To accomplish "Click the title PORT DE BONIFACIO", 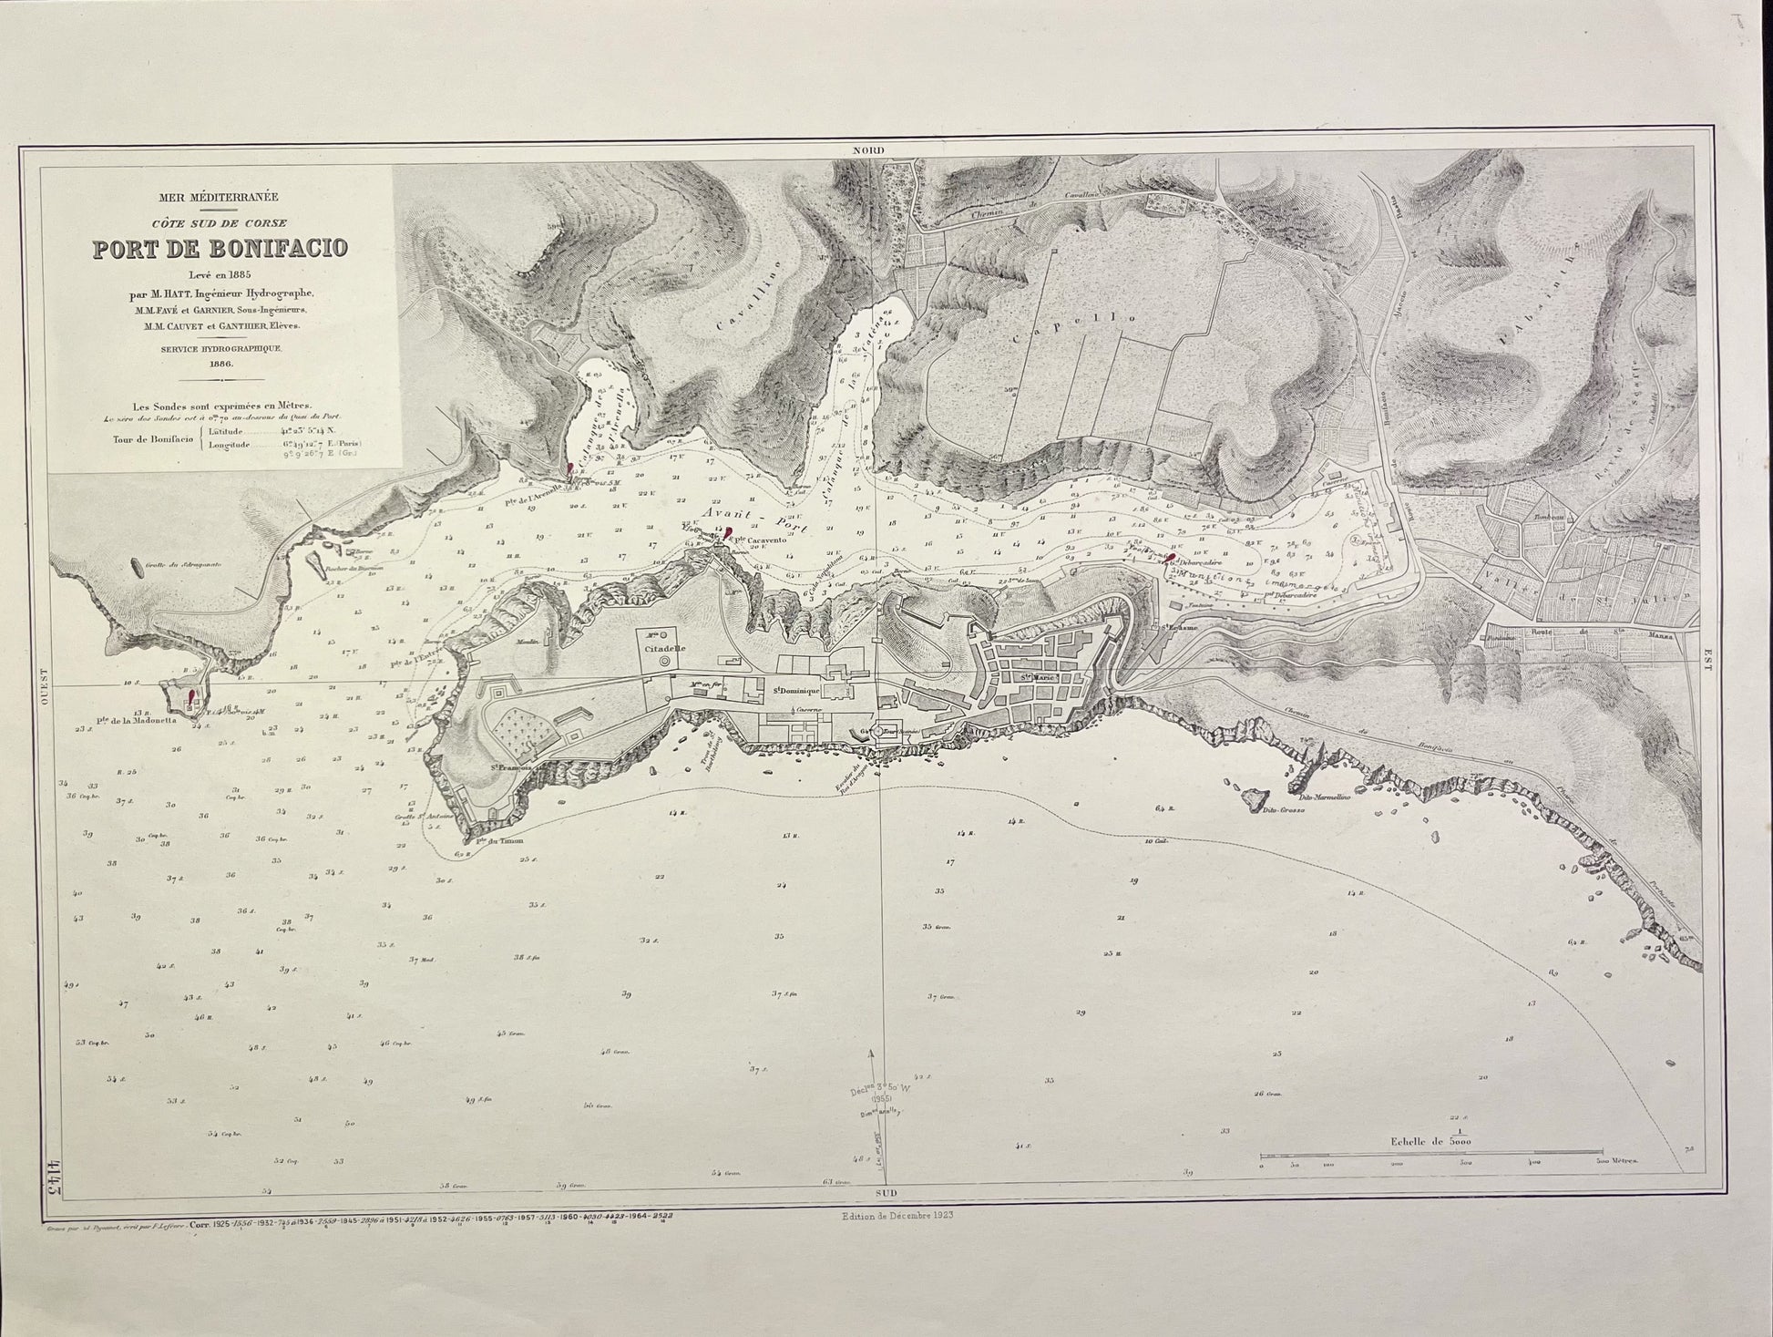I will click(220, 247).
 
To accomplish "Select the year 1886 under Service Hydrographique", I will click(220, 363).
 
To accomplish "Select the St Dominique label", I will click(794, 690).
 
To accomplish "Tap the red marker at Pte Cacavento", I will click(728, 535).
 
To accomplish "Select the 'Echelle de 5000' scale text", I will click(1430, 1140).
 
